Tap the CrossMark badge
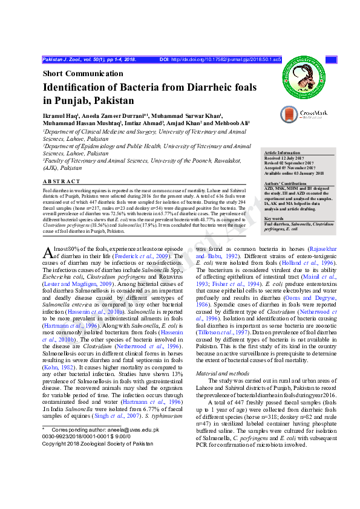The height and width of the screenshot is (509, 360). point(304,114)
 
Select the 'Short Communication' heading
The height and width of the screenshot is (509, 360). point(82,74)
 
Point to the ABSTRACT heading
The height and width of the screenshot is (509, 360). point(61,181)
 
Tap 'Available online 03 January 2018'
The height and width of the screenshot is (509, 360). point(295,172)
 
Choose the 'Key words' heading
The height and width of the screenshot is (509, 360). point(274,218)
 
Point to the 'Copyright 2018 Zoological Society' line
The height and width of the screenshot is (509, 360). point(97,443)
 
